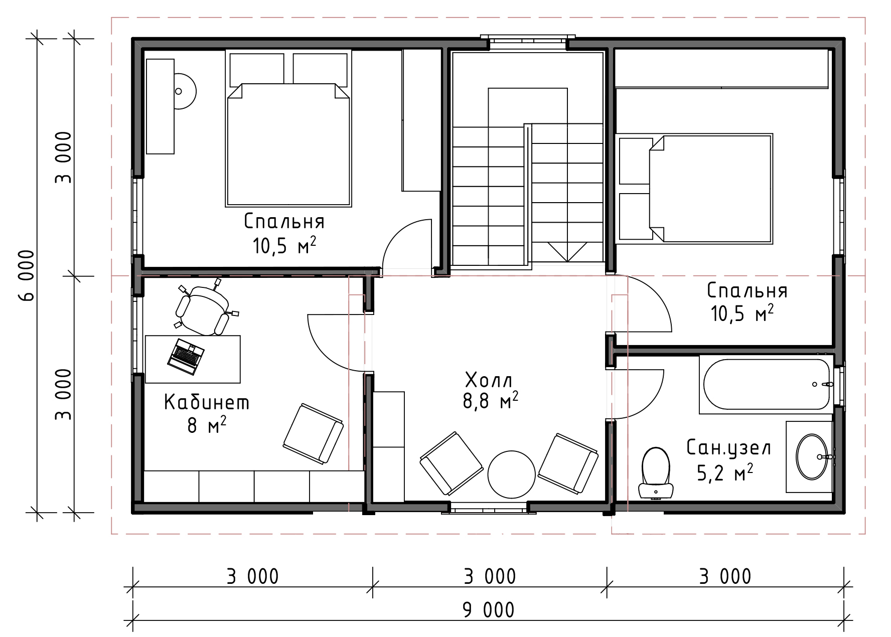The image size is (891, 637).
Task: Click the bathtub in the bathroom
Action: click(767, 385)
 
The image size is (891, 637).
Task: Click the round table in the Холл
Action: click(512, 474)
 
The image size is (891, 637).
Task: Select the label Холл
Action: click(489, 381)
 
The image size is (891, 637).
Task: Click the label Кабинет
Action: click(207, 402)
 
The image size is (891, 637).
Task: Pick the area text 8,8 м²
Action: click(491, 402)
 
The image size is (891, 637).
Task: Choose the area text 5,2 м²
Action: click(725, 472)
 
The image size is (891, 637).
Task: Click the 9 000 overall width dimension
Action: click(488, 610)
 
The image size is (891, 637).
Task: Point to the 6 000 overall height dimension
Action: click(27, 275)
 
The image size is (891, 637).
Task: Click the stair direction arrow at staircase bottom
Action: click(568, 252)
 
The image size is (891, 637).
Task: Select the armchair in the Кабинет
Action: click(313, 433)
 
